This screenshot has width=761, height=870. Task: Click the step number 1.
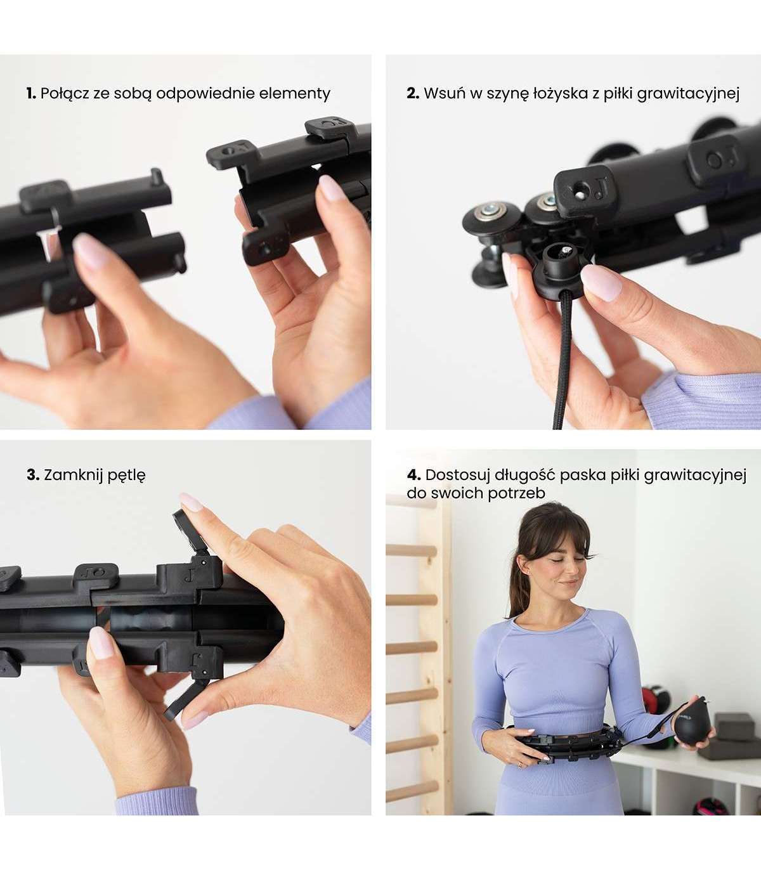pos(30,93)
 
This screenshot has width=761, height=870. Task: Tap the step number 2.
pos(413,93)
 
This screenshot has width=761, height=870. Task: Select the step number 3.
pos(33,474)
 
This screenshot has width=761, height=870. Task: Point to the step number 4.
pos(413,474)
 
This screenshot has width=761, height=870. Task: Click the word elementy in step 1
pos(295,94)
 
